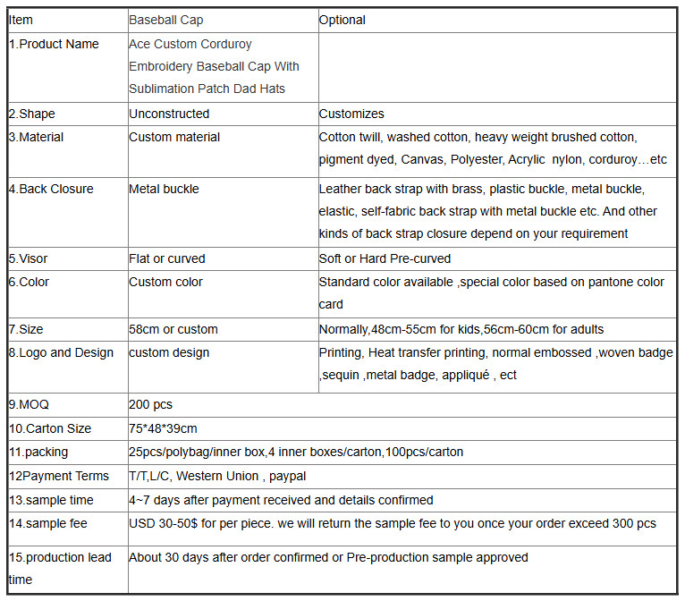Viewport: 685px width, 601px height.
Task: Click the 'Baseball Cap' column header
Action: pyautogui.click(x=165, y=20)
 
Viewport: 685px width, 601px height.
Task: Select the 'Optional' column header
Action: pyautogui.click(x=342, y=20)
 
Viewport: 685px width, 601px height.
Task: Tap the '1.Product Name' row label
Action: pyautogui.click(x=54, y=44)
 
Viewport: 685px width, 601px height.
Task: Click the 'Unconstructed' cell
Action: pyautogui.click(x=169, y=114)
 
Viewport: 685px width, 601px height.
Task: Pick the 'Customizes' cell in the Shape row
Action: pyautogui.click(x=351, y=114)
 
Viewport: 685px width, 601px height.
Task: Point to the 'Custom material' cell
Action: pyautogui.click(x=174, y=137)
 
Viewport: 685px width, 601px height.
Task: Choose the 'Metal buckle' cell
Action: pyautogui.click(x=164, y=189)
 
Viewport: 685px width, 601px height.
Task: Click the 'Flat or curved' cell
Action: pyautogui.click(x=167, y=258)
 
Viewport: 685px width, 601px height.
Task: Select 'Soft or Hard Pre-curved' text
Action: pyautogui.click(x=385, y=258)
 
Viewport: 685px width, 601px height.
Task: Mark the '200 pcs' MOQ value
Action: pyautogui.click(x=150, y=404)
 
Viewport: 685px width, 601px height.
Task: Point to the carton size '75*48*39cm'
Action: pyautogui.click(x=163, y=428)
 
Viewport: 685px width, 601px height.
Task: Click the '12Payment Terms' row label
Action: pyautogui.click(x=59, y=476)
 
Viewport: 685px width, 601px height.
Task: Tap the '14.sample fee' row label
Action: pyautogui.click(x=48, y=523)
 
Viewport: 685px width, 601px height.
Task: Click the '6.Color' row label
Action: pyautogui.click(x=30, y=282)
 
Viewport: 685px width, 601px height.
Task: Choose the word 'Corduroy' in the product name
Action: pyautogui.click(x=226, y=44)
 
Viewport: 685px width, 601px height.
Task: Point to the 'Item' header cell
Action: pyautogui.click(x=21, y=20)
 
